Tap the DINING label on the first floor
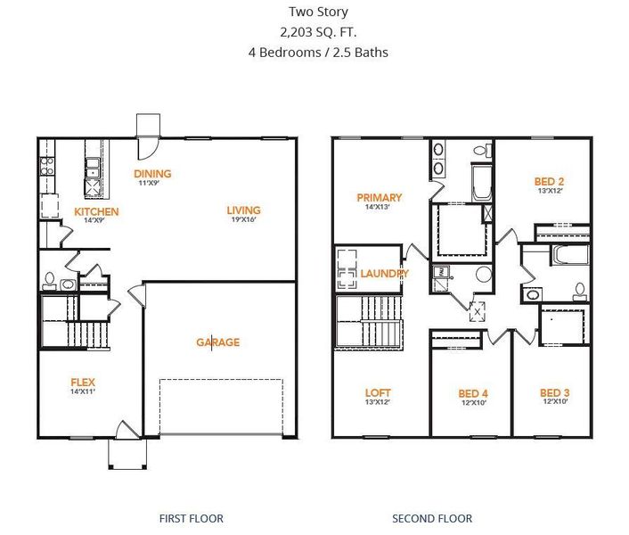(152, 174)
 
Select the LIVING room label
(243, 210)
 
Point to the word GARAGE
(217, 342)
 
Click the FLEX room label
(83, 383)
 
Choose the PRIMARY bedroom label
(379, 198)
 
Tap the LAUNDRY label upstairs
(384, 274)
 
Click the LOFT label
(378, 392)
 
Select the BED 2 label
(549, 181)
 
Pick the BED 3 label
(555, 392)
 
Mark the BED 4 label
(472, 393)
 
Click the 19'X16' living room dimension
(242, 220)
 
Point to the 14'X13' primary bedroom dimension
(378, 207)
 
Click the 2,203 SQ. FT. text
(318, 32)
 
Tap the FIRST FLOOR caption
(191, 518)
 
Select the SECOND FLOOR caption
(432, 518)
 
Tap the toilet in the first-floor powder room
(50, 281)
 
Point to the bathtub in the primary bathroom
(481, 183)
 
